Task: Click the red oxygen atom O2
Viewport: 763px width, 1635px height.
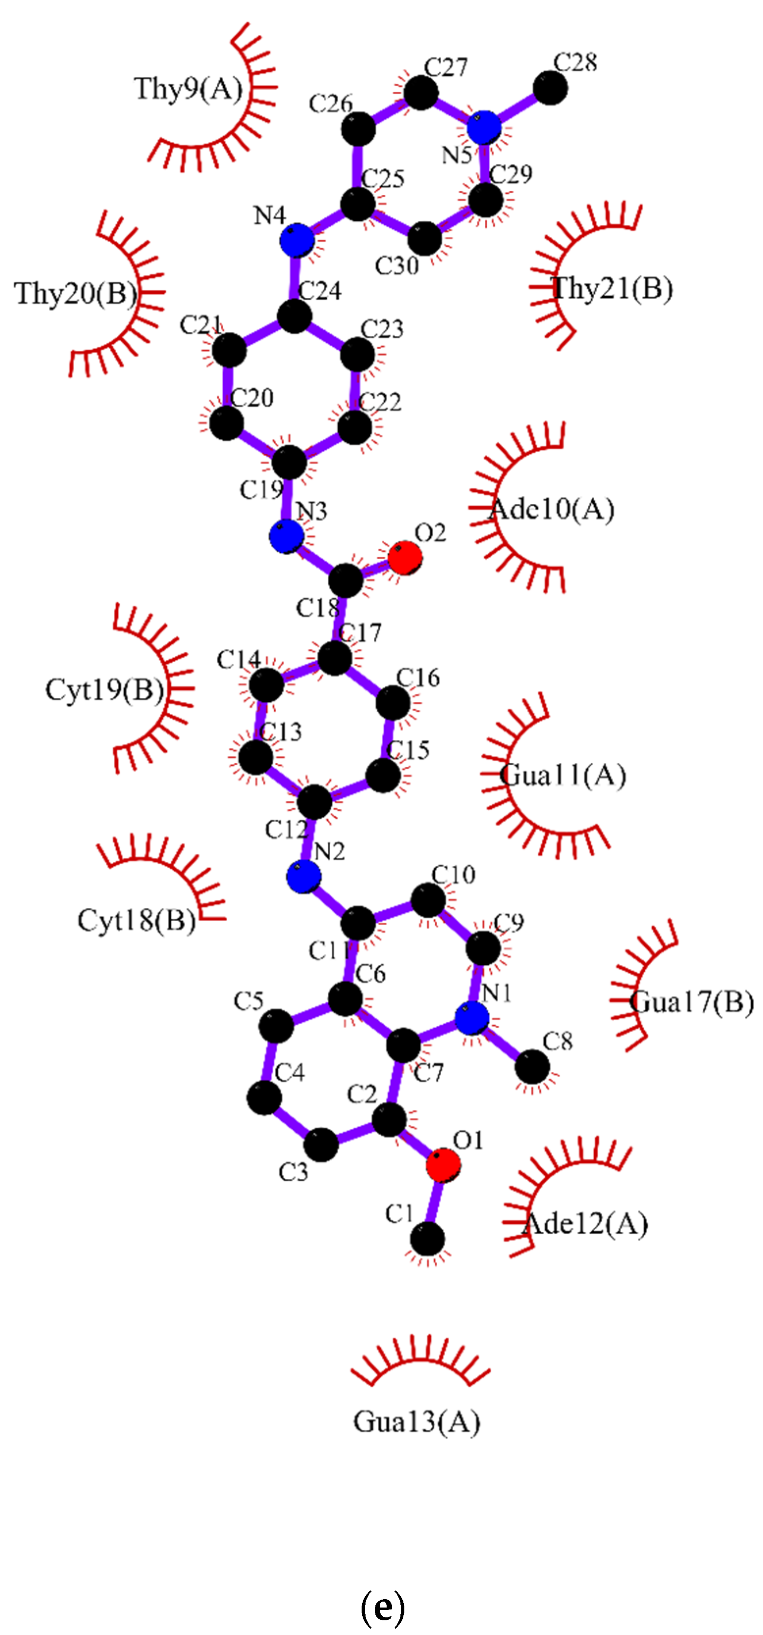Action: (405, 558)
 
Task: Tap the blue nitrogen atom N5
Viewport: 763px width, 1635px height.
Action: (484, 127)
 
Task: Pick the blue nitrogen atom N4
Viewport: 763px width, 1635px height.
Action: (297, 240)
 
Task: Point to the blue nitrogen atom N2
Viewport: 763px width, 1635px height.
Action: (303, 877)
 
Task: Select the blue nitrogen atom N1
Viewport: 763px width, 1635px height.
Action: (472, 1019)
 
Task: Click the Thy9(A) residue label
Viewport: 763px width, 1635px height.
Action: (188, 89)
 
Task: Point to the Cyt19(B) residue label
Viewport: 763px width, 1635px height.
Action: (105, 690)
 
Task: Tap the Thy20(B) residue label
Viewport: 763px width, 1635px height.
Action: (76, 293)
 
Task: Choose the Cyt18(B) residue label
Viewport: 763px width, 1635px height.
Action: (136, 920)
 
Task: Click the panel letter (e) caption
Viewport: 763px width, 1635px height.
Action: (382, 1607)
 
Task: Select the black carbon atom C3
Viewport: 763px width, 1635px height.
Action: (321, 1145)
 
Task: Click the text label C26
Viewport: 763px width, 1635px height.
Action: (331, 104)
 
